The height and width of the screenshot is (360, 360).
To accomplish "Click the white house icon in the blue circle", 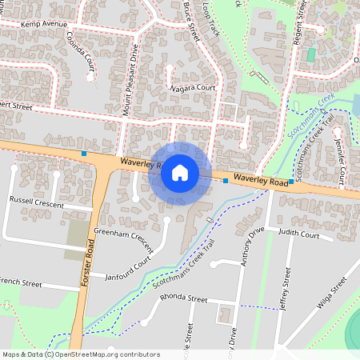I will [179, 173].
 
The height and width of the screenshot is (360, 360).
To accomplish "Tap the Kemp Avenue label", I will [44, 25].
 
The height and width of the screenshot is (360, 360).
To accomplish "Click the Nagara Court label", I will [193, 88].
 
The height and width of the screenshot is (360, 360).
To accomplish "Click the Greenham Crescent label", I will [123, 238].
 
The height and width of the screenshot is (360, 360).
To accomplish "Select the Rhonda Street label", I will [184, 299].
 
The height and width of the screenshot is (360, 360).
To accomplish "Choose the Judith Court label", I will [300, 236].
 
